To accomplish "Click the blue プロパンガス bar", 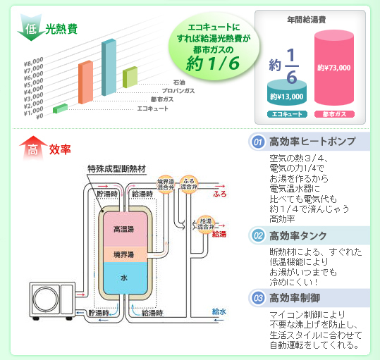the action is (x=109, y=67).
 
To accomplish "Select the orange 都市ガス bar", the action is (x=85, y=82).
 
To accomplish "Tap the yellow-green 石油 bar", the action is (x=130, y=77).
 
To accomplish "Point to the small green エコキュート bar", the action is (x=60, y=108).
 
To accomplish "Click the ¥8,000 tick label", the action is (x=34, y=62).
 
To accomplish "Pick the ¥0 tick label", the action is (x=39, y=116).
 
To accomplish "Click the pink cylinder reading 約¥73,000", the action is (x=334, y=68).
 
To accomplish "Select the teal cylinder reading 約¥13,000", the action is (x=287, y=93).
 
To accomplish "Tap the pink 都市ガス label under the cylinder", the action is (x=334, y=114).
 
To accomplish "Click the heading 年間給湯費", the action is (x=306, y=20).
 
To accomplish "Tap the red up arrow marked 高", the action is (x=32, y=148).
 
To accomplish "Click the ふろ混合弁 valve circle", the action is (x=189, y=184).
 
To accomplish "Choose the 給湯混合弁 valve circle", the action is (x=206, y=225).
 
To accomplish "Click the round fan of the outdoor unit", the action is (x=46, y=299).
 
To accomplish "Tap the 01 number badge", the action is (x=257, y=142).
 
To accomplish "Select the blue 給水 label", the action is (x=219, y=312).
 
